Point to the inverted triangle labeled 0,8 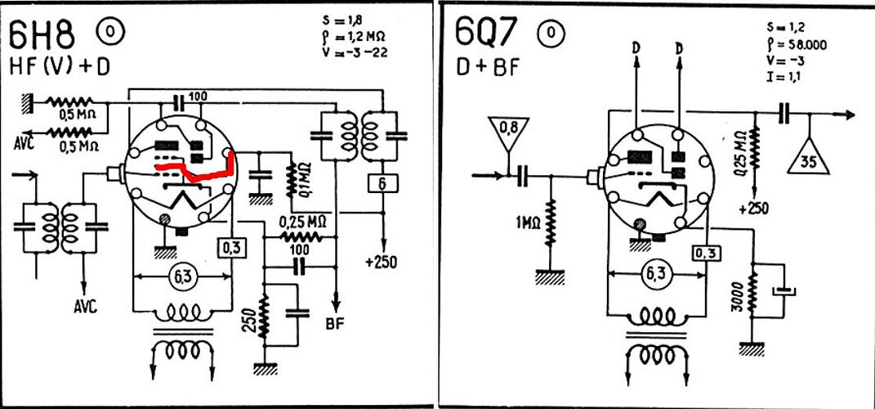508,133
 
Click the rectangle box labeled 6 382,184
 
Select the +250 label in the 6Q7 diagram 754,209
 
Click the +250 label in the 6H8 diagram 382,262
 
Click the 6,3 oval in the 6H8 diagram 182,275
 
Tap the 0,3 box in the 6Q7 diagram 706,254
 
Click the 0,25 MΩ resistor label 302,221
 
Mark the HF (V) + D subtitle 59,66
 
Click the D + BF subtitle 487,66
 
